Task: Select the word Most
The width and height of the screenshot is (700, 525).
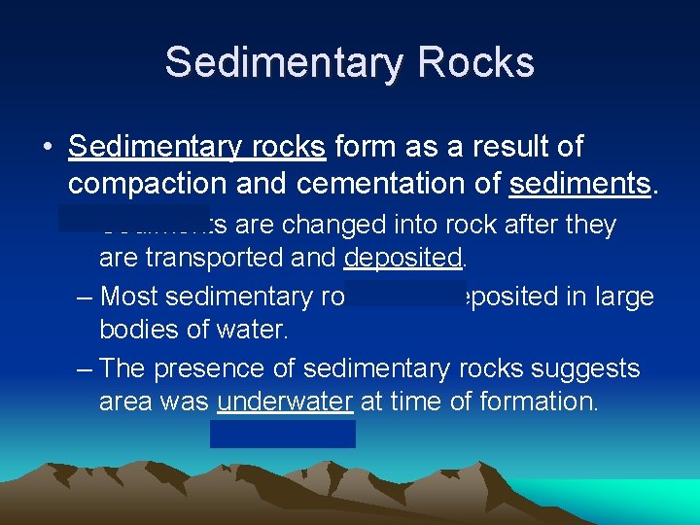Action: click(130, 296)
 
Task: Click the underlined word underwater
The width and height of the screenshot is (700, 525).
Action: click(285, 402)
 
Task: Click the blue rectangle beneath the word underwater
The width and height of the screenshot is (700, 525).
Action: click(282, 434)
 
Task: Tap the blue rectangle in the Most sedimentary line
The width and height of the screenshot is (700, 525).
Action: click(404, 294)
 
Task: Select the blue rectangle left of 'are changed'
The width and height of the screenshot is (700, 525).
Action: click(133, 218)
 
